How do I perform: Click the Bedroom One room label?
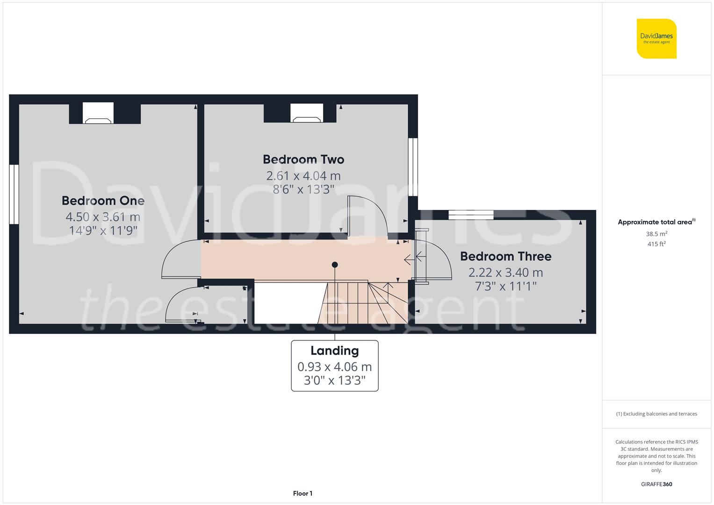click(x=103, y=201)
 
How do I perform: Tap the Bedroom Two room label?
click(x=303, y=159)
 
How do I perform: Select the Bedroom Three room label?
click(x=506, y=256)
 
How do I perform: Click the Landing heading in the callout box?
click(x=335, y=351)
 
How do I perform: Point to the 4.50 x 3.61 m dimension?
click(x=103, y=217)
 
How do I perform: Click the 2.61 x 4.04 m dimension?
click(x=303, y=176)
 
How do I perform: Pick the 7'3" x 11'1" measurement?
click(x=506, y=286)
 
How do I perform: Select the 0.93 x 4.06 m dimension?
click(x=335, y=367)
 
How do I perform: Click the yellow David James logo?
click(x=656, y=38)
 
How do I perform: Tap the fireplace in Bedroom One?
click(x=98, y=113)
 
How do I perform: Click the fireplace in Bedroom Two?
click(x=307, y=113)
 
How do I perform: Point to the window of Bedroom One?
click(x=14, y=194)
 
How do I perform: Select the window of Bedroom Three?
click(x=471, y=215)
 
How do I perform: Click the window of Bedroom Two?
click(x=413, y=167)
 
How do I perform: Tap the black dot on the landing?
click(x=335, y=265)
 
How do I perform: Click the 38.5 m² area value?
click(x=656, y=234)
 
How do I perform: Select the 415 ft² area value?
click(x=656, y=244)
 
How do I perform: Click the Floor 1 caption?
click(x=303, y=493)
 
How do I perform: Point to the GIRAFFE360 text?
click(x=656, y=484)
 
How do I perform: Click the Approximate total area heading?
click(x=656, y=222)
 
